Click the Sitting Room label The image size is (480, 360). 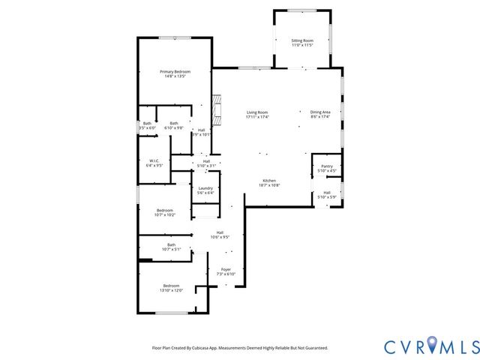[x=302, y=43]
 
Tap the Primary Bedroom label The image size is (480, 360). [x=175, y=73]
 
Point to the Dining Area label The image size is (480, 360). [x=320, y=114]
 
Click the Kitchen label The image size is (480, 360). [x=269, y=183]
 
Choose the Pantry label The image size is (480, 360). [x=326, y=168]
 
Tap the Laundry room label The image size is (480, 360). [x=205, y=190]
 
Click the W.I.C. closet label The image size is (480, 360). [x=154, y=163]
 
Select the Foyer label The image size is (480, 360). [x=226, y=271]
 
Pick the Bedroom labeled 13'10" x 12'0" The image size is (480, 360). [x=171, y=287]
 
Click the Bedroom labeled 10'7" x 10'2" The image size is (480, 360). [x=165, y=212]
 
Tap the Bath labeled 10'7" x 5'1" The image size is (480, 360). [x=171, y=247]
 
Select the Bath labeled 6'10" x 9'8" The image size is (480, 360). [x=174, y=125]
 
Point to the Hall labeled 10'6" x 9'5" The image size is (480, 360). [x=220, y=234]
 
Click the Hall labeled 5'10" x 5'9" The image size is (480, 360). [x=327, y=194]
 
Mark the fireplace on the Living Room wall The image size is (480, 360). [x=217, y=109]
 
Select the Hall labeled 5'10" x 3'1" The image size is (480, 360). [x=205, y=163]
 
